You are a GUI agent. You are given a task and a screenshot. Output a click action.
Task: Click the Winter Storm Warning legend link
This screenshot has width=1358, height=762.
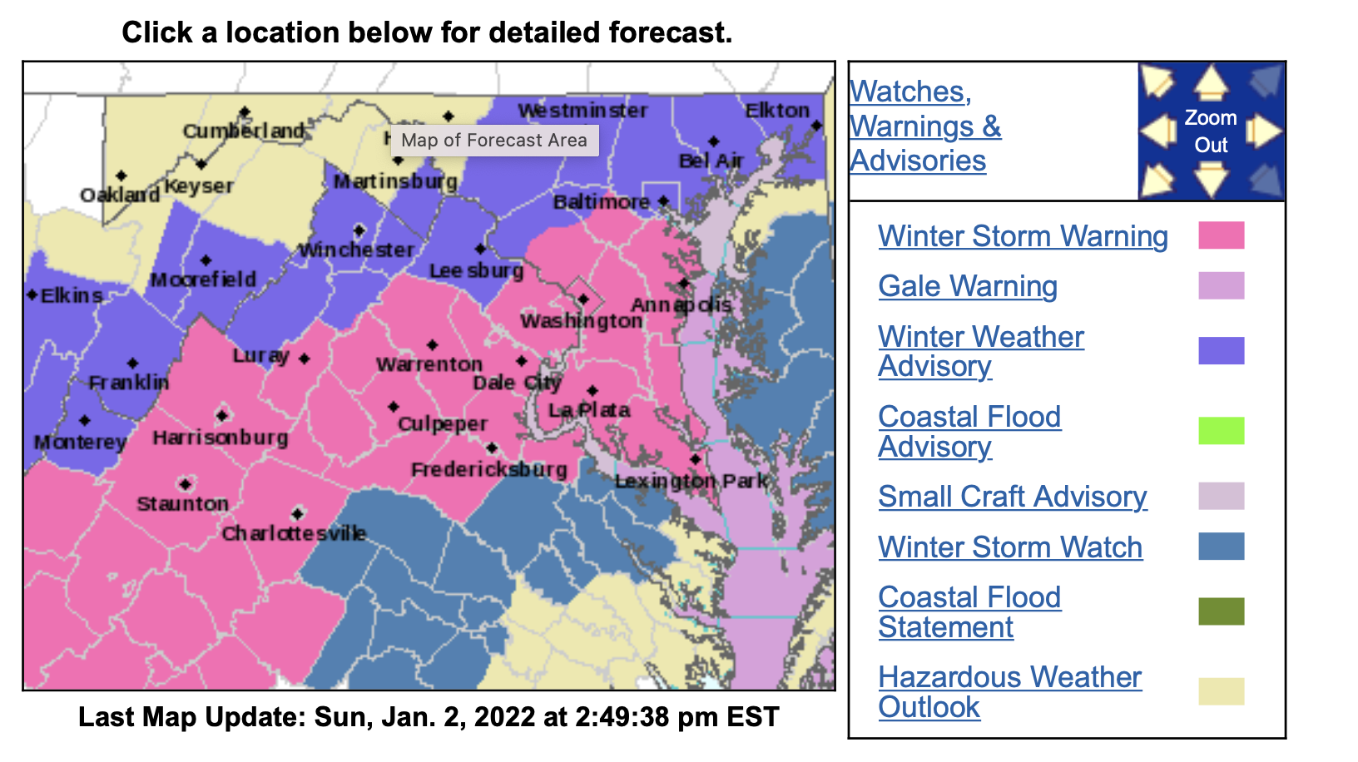(1023, 236)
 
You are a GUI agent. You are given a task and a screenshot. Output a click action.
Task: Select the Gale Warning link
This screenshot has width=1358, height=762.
(968, 286)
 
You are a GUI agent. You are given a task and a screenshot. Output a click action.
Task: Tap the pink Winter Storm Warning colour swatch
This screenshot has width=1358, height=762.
(1221, 235)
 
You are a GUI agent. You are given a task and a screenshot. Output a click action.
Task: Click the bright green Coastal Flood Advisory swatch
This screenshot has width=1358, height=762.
(1221, 431)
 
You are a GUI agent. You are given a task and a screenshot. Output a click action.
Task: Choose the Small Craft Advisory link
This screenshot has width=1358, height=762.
(1013, 497)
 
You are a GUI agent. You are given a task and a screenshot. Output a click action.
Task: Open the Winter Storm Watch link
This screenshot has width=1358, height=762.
(1010, 547)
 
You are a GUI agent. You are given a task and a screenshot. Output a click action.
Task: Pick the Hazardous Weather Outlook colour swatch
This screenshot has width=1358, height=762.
(1221, 691)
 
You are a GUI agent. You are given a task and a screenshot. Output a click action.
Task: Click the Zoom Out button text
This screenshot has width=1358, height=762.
(1211, 131)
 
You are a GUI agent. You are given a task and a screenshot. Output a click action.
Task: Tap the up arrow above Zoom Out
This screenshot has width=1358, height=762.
(1211, 84)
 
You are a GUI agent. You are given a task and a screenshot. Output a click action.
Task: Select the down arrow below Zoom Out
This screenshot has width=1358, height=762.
(1211, 178)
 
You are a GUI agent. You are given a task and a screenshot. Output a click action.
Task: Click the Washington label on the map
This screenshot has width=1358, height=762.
(581, 321)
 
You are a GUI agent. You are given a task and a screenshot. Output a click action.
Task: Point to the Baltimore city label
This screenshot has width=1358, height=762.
(602, 202)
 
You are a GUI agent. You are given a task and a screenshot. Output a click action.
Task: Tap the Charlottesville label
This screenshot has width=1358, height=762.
(294, 533)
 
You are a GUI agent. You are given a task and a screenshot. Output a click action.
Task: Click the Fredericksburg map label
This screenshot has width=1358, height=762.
(489, 470)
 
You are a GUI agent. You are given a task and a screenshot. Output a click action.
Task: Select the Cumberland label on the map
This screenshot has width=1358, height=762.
(244, 131)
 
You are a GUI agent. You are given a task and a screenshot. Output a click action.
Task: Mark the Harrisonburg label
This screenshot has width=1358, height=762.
(221, 438)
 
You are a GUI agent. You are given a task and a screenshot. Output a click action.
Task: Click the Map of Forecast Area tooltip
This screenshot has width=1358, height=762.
(494, 141)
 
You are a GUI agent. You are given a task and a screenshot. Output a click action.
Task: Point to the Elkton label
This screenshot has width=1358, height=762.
(777, 111)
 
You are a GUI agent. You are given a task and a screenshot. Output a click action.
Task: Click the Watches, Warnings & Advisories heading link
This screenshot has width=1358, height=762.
(925, 126)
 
